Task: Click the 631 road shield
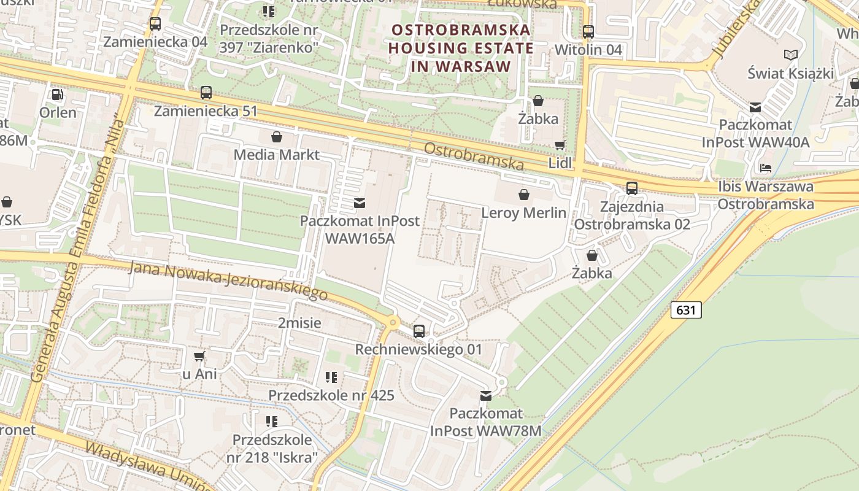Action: [x=685, y=310]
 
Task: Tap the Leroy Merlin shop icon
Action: [x=524, y=195]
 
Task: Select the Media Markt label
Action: [x=277, y=154]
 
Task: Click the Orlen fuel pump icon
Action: [x=58, y=95]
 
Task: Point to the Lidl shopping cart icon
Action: [x=560, y=145]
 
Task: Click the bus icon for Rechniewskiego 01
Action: [x=419, y=331]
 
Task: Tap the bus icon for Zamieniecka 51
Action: [x=206, y=93]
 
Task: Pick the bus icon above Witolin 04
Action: [x=588, y=31]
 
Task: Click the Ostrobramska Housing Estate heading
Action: [x=460, y=48]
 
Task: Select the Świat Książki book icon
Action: [x=791, y=55]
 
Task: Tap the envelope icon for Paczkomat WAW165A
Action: [x=360, y=203]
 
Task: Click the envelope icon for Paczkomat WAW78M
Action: [x=486, y=396]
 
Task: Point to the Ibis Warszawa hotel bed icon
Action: [x=765, y=168]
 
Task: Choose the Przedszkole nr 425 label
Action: [x=331, y=395]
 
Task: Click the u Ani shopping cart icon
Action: [x=199, y=356]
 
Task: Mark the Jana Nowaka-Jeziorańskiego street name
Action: [x=228, y=280]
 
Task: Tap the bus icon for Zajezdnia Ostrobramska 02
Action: [x=632, y=188]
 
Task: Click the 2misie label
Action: [x=299, y=323]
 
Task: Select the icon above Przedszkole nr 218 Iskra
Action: [x=272, y=422]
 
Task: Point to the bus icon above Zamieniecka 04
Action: [x=155, y=24]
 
